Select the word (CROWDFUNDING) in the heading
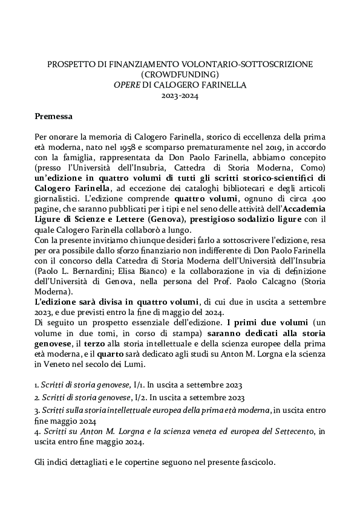point(179,74)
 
